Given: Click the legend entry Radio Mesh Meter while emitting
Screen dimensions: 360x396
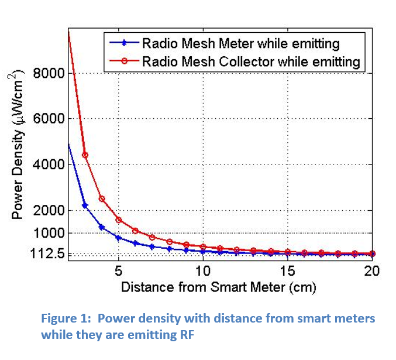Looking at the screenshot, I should point(240,43).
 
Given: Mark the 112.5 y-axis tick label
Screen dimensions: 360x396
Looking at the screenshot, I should point(49,255).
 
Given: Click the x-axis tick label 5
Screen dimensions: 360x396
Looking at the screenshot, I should point(119,271).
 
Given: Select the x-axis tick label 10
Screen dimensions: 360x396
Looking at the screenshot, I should point(203,271).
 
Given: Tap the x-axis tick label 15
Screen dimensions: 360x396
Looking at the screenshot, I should point(288,271).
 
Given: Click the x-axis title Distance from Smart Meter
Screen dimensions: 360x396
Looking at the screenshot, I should point(218,287).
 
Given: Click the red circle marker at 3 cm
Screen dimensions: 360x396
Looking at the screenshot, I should point(85,155).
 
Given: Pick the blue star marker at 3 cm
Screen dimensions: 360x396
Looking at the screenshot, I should point(85,205).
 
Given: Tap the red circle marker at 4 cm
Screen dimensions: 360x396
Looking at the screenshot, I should point(102,199).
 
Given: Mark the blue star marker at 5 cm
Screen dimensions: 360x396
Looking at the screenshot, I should point(119,238).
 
